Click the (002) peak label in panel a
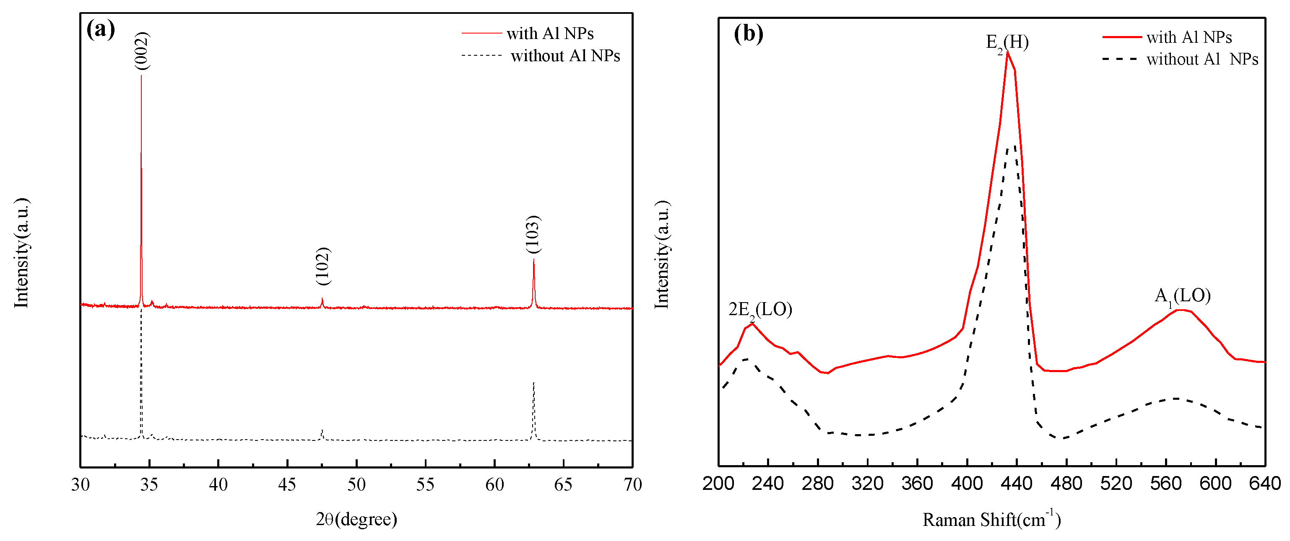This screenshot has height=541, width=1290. click(x=142, y=51)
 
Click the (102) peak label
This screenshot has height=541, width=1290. click(x=323, y=266)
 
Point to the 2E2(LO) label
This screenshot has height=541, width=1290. click(x=759, y=310)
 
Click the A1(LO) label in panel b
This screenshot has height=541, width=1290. click(x=1182, y=296)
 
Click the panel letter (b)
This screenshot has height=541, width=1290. click(x=748, y=34)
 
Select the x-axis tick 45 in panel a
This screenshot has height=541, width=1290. click(x=287, y=484)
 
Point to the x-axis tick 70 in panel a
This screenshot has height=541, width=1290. click(x=632, y=484)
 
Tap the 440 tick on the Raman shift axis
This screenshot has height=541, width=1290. click(x=1017, y=484)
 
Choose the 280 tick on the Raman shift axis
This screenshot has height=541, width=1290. click(x=818, y=484)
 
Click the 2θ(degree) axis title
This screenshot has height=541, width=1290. click(x=356, y=519)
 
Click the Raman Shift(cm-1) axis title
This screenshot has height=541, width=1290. click(x=991, y=519)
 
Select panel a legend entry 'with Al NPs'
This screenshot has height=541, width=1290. click(x=550, y=34)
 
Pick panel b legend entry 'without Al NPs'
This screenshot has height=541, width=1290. click(x=1202, y=59)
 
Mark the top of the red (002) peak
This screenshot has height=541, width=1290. click(x=141, y=75)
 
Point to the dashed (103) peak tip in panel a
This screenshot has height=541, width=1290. click(x=534, y=383)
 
